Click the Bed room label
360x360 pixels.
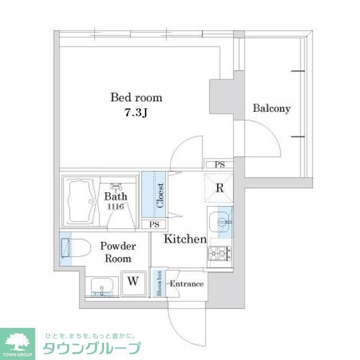136,97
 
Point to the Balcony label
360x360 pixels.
271,109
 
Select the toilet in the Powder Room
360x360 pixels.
76,248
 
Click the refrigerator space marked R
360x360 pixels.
220,188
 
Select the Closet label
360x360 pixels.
161,195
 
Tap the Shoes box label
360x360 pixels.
160,283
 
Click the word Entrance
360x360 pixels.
186,284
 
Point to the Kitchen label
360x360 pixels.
185,239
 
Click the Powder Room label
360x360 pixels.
117,253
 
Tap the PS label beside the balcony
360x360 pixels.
219,164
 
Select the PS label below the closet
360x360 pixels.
154,224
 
